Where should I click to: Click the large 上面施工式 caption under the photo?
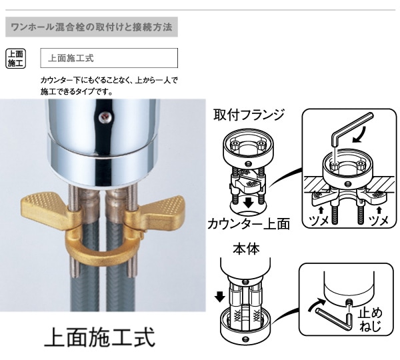100,337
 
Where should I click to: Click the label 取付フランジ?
249,115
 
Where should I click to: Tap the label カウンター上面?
249,223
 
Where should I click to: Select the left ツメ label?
315,221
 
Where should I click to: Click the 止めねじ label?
369,319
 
